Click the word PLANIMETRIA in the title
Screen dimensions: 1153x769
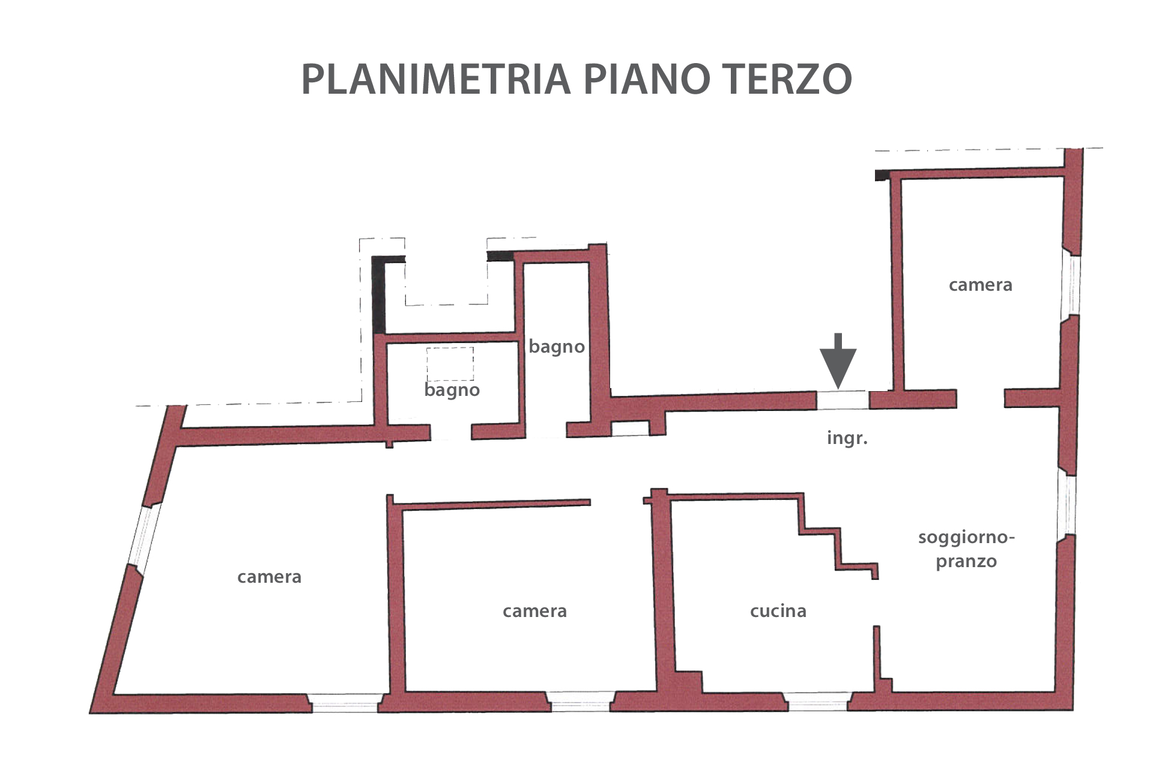(x=435, y=79)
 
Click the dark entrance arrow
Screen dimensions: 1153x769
(x=838, y=360)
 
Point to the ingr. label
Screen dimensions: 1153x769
(x=847, y=438)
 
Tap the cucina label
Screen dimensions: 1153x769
(x=778, y=611)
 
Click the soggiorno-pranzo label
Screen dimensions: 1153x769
(x=966, y=549)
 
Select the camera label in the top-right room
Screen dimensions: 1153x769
(x=981, y=285)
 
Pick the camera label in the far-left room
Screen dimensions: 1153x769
(x=270, y=577)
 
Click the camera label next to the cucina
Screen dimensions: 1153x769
(x=535, y=611)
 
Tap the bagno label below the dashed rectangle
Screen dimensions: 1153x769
(x=452, y=391)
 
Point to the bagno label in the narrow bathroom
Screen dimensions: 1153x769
(x=557, y=347)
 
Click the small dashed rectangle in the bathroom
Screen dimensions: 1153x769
(x=450, y=363)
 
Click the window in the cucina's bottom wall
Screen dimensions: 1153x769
(x=818, y=702)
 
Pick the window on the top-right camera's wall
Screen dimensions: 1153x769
(x=1070, y=285)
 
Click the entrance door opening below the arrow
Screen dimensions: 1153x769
(x=843, y=400)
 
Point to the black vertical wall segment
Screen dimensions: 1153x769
(x=379, y=295)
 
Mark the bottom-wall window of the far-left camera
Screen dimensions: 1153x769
(x=345, y=703)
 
